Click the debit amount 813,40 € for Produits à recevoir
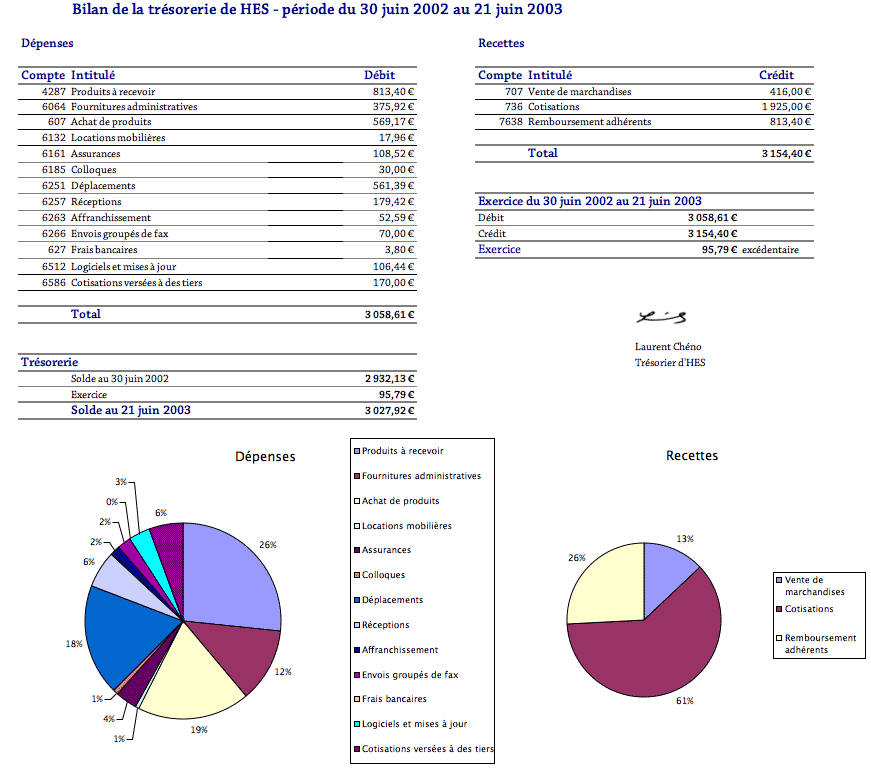393,91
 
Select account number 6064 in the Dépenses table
54,107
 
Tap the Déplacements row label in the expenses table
102,186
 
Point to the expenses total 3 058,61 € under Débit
389,314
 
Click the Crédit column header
776,75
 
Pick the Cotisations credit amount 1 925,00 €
786,107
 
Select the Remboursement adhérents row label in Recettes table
589,122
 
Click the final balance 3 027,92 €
389,410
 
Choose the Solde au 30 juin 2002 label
119,379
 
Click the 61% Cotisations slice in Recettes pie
650,650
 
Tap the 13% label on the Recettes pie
685,539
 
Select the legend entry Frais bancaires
394,699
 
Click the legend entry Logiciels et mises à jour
414,724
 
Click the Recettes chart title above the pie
691,456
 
